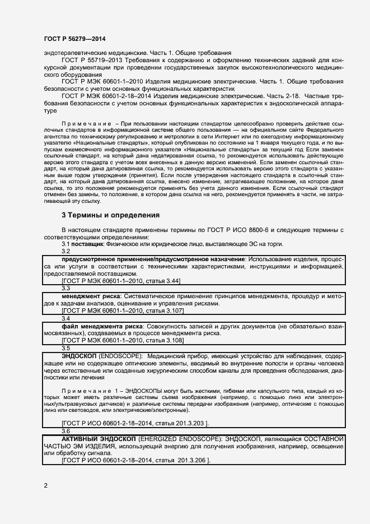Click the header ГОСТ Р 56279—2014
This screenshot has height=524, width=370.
(x=74, y=39)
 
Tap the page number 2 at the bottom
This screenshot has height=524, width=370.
(x=45, y=485)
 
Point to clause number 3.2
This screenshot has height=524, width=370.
(x=65, y=252)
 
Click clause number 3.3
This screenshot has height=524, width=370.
(x=65, y=287)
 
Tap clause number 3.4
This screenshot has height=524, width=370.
(x=65, y=318)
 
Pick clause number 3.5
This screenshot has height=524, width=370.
(x=65, y=348)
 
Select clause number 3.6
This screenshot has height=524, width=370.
(x=65, y=430)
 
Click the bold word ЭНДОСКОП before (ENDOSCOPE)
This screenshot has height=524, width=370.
(x=79, y=356)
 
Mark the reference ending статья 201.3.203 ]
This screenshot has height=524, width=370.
(x=135, y=423)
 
